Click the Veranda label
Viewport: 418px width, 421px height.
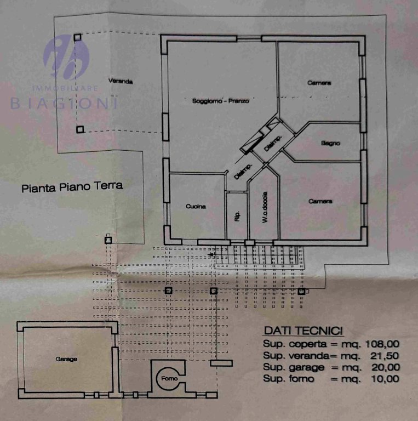click(121, 81)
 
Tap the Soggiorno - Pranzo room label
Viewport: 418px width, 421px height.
click(221, 101)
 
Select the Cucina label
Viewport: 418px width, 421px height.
click(196, 206)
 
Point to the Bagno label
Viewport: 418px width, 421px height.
click(330, 143)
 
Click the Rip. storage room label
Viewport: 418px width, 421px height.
click(237, 216)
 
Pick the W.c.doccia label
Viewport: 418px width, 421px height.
click(265, 207)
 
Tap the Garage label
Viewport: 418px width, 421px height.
click(66, 359)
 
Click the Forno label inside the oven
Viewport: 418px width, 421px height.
click(169, 378)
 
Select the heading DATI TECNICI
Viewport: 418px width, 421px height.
click(303, 331)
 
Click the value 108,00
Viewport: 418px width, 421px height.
click(382, 344)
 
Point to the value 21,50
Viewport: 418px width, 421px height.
click(385, 356)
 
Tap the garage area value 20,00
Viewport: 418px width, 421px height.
click(386, 367)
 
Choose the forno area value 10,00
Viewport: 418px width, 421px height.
click(385, 379)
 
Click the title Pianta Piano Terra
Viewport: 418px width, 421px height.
click(72, 187)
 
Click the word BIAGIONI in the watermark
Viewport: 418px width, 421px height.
click(64, 104)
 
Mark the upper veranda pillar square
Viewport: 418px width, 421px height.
click(78, 37)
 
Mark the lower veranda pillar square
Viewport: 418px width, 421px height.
click(79, 129)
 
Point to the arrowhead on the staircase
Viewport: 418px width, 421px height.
click(211, 254)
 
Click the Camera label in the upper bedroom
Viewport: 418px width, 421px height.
click(319, 83)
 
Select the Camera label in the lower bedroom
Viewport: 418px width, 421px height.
click(320, 201)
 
